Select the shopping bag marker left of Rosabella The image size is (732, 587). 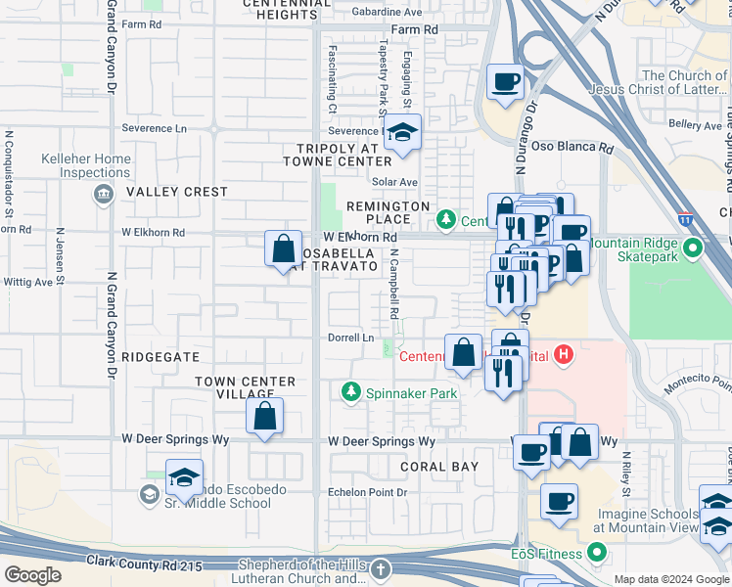point(283,248)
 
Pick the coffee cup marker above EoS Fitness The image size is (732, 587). point(559,502)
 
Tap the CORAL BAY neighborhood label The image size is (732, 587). point(438,467)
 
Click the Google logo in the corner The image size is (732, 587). point(33,574)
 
